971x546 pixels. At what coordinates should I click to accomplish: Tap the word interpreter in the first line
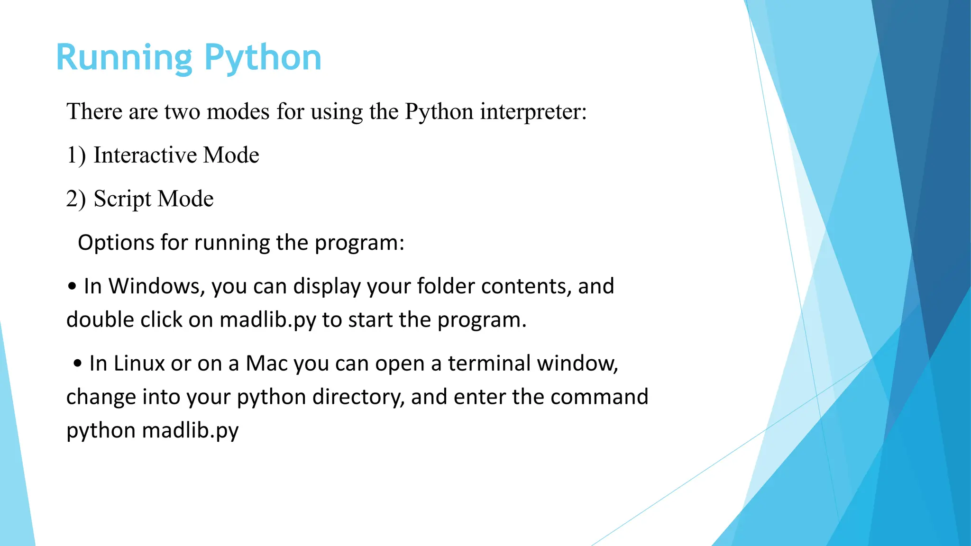[533, 112]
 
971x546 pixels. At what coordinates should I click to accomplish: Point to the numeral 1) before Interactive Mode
[76, 155]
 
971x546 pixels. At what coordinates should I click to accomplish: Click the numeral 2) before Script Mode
[76, 199]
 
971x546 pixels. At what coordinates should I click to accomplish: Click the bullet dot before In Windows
[72, 287]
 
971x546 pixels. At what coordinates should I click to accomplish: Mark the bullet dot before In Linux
[78, 364]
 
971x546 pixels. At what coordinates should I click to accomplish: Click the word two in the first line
[182, 112]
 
